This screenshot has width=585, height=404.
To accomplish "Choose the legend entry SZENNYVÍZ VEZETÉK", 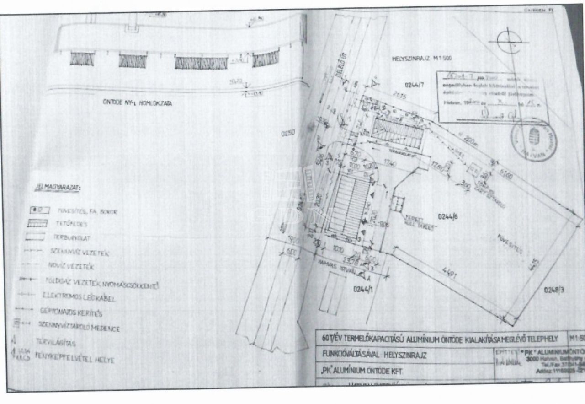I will (80, 252).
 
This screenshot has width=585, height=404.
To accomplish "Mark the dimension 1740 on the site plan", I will (390, 163).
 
